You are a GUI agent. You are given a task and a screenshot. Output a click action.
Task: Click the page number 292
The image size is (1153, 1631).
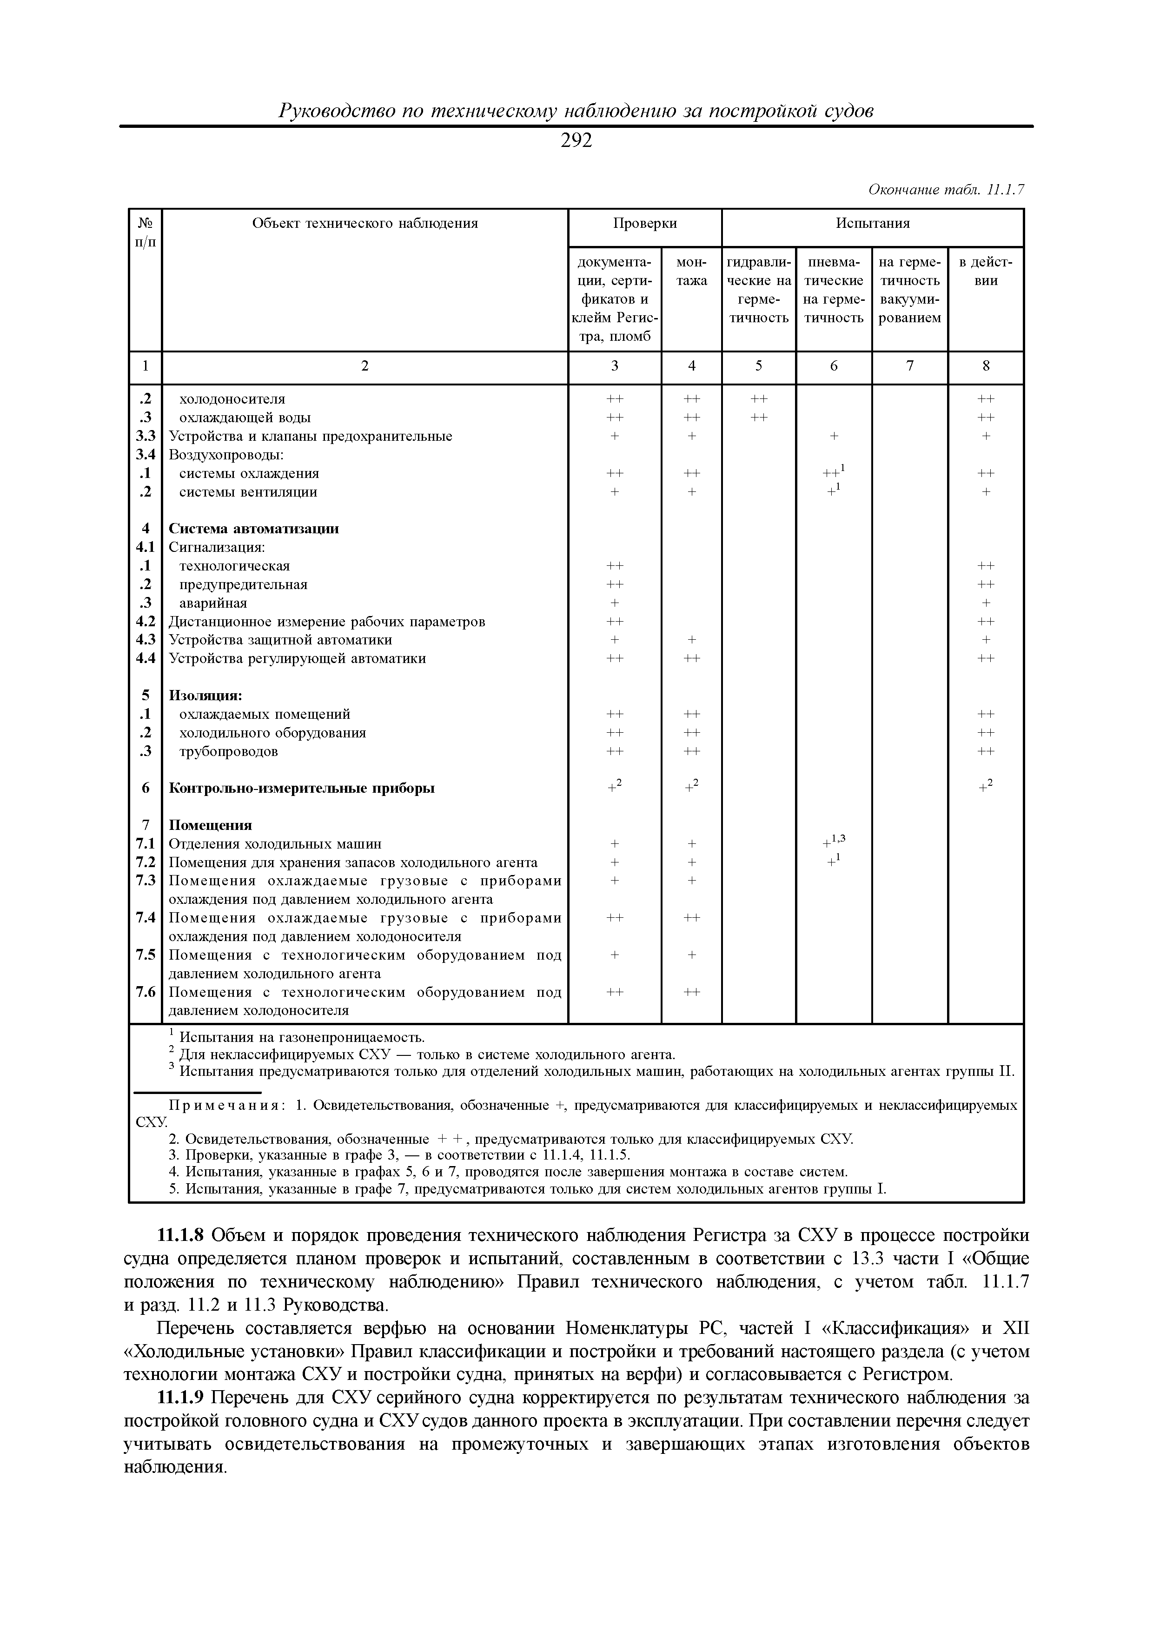tap(576, 141)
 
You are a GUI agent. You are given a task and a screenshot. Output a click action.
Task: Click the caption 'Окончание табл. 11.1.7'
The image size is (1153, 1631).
tap(946, 190)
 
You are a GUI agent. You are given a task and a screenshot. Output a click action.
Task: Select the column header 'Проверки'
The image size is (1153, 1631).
tap(644, 224)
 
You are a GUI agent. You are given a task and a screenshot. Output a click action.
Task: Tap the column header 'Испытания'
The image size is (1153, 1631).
tap(872, 224)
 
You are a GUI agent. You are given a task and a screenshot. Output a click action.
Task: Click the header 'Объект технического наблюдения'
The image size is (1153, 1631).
tap(365, 224)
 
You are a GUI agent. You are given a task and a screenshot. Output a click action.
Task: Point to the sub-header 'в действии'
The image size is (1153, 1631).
tap(985, 272)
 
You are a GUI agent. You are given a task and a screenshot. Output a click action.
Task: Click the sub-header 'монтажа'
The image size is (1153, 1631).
tap(691, 272)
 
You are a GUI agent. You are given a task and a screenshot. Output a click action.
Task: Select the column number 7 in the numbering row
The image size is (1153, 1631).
tap(909, 366)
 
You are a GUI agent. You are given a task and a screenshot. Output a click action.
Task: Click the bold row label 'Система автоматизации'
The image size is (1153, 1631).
tap(254, 529)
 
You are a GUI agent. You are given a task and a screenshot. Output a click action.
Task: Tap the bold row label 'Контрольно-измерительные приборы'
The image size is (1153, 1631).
tap(301, 789)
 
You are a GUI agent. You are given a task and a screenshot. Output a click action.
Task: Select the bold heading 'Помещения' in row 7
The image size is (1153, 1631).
tap(210, 825)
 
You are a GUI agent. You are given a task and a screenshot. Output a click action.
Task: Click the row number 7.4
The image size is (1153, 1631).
tap(146, 918)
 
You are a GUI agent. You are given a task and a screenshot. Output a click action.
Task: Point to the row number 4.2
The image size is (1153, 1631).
tap(146, 622)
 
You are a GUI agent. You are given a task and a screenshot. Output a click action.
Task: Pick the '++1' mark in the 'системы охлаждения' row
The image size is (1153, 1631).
tap(833, 472)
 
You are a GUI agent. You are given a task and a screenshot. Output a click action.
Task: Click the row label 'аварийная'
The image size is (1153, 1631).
tap(213, 603)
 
